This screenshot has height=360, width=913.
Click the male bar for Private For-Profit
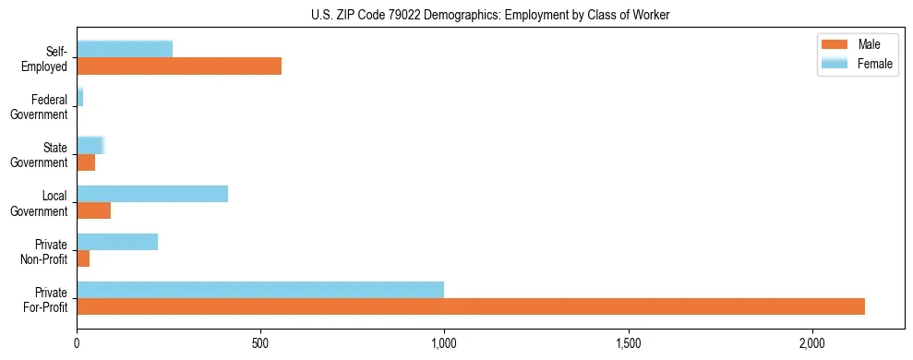471,306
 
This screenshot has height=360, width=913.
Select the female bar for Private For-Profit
260,290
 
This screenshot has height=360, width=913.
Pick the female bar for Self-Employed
125,49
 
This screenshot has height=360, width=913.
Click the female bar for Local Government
152,194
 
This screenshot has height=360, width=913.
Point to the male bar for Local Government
93,210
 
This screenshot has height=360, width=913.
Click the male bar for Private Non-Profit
83,258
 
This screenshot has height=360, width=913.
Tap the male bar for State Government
86,162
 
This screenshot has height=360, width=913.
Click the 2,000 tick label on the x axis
812,343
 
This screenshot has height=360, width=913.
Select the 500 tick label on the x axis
260,343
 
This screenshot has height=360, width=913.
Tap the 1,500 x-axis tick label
629,343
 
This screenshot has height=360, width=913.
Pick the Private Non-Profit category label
44,251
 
